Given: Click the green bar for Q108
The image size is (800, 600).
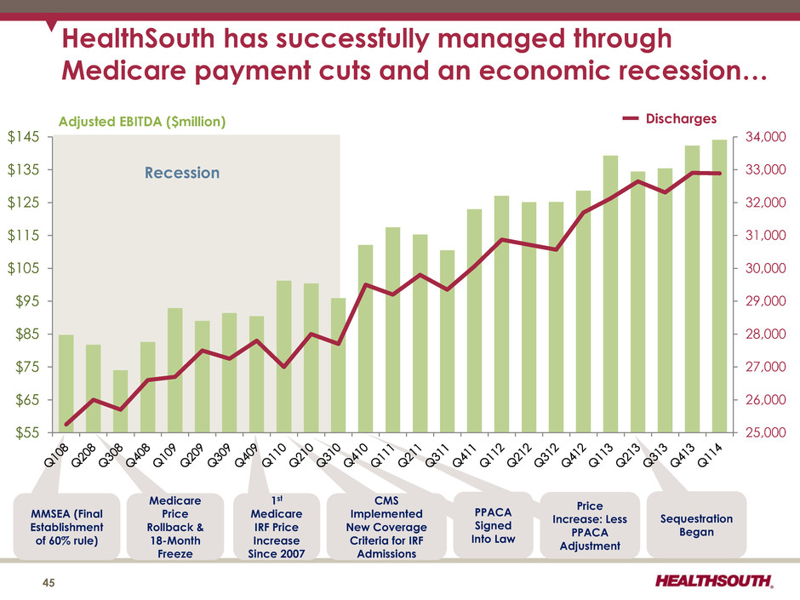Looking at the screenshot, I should click(x=66, y=383).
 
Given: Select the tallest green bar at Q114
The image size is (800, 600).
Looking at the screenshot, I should click(x=719, y=285).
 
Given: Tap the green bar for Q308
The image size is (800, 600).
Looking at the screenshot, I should click(x=120, y=401).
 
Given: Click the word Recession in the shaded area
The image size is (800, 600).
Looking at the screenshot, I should click(x=181, y=173).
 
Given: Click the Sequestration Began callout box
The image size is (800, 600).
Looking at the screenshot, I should click(x=696, y=525).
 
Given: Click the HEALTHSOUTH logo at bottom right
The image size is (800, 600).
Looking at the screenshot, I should click(x=714, y=581).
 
